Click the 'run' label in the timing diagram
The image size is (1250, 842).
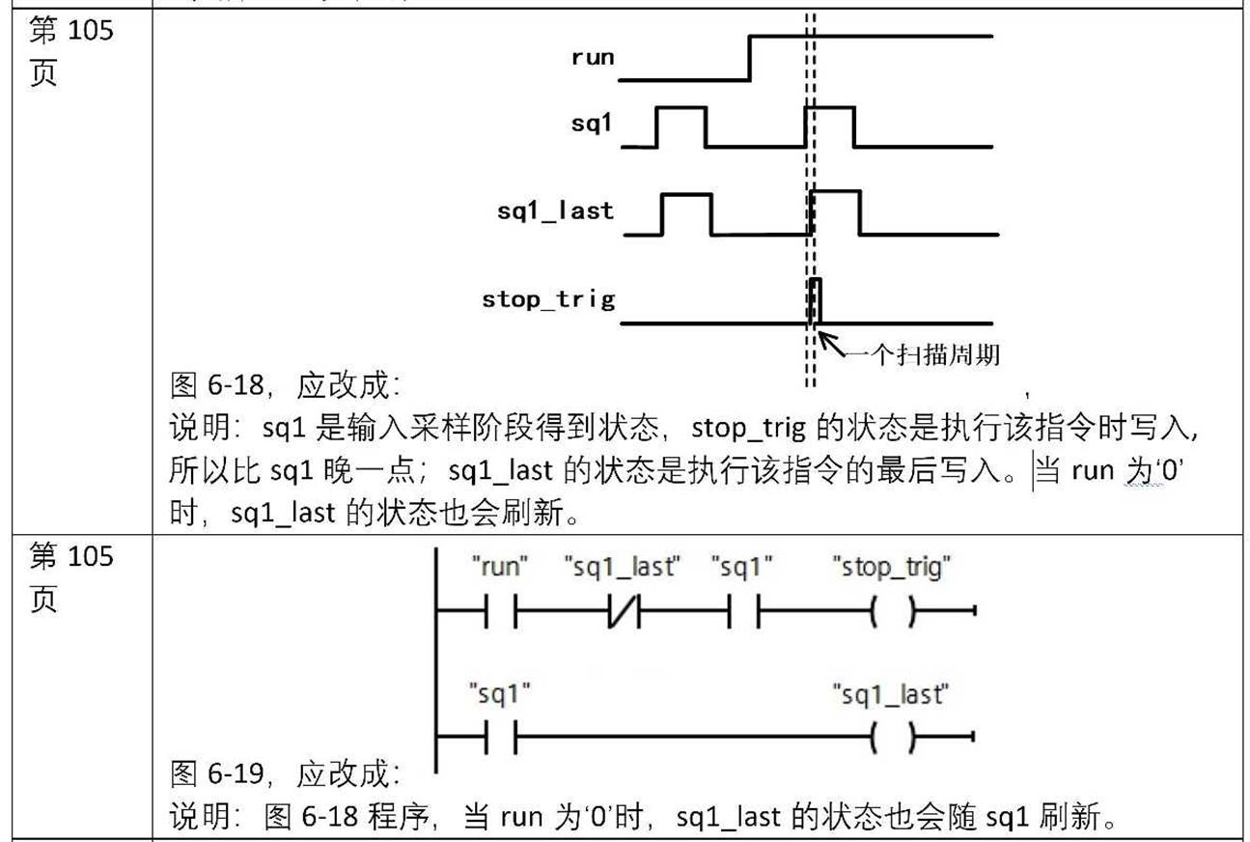[592, 57]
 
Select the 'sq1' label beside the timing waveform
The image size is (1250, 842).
[592, 123]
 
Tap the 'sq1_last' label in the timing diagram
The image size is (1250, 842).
[555, 210]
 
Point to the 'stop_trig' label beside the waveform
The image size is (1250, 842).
[547, 299]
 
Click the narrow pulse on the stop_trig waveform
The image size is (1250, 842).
[817, 299]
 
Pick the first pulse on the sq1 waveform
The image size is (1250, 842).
[681, 126]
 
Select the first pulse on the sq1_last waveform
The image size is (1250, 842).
[687, 212]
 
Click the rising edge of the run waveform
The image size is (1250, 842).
[751, 58]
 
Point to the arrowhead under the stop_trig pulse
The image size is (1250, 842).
[823, 337]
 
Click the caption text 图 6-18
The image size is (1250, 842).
[216, 386]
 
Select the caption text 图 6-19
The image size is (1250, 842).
[216, 773]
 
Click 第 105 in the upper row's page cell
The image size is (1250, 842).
[71, 31]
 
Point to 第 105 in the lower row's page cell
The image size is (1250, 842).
[71, 556]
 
